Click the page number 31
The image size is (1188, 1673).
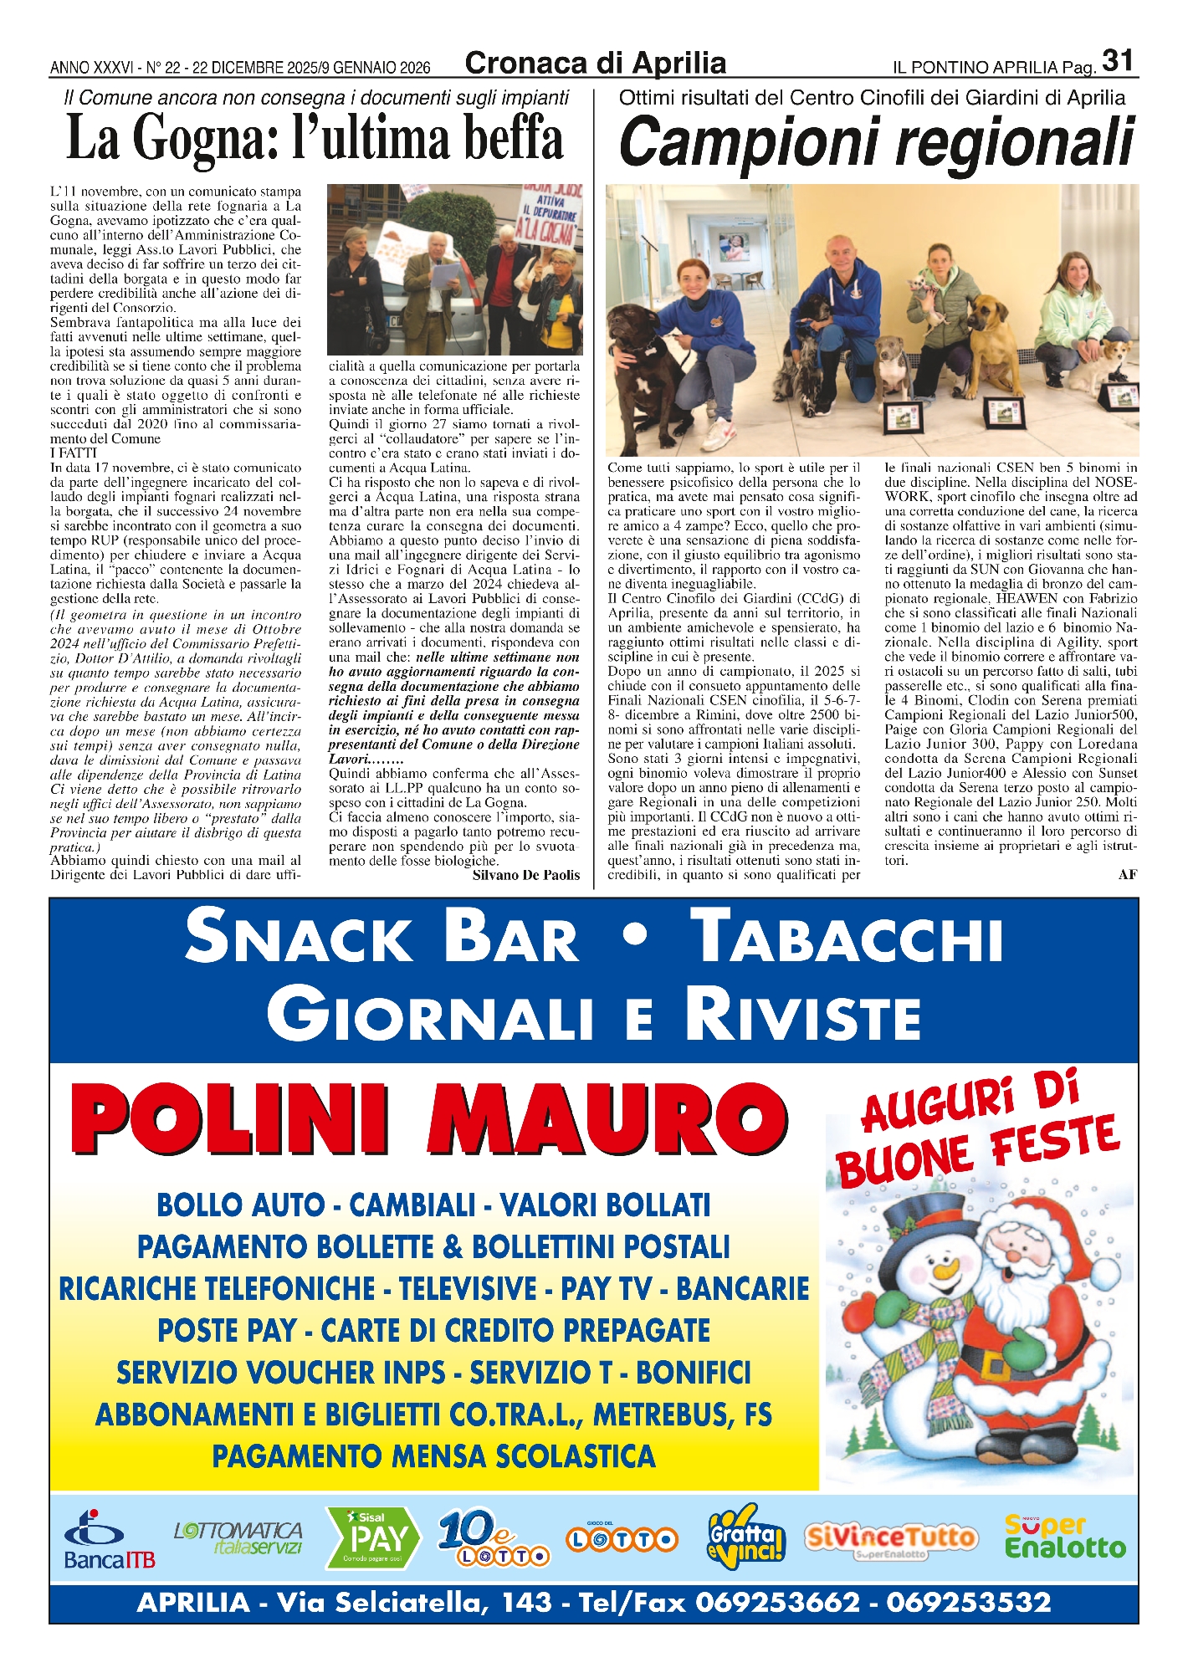1118,61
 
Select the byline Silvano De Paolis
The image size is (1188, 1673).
525,875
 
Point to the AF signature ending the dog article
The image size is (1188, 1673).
1127,874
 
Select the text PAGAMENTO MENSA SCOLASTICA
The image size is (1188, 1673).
433,1456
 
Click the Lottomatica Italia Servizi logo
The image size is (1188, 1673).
239,1537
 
